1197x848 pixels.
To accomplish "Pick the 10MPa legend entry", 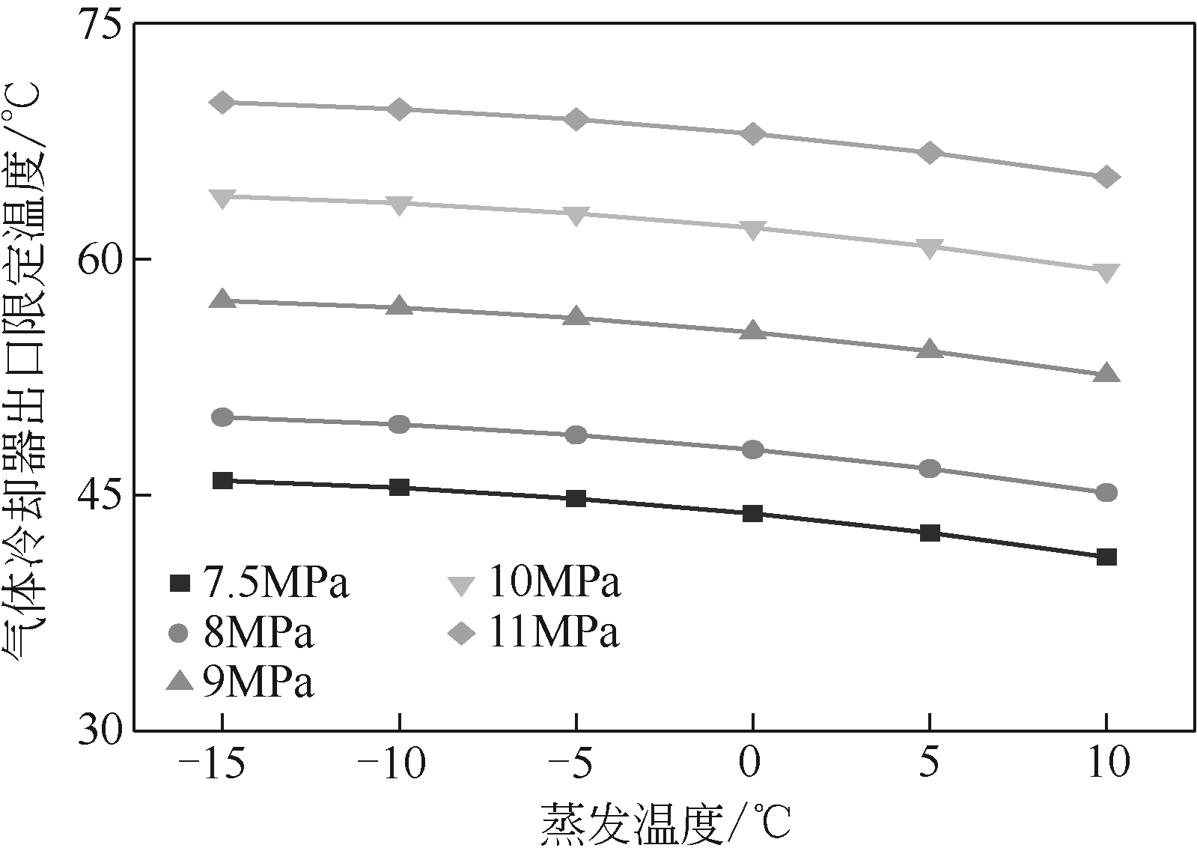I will pyautogui.click(x=534, y=584).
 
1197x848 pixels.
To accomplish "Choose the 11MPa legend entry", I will pyautogui.click(x=534, y=633).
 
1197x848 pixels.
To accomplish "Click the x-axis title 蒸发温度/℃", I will pyautogui.click(x=665, y=823).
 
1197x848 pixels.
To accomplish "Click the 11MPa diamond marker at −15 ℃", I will pyautogui.click(x=222, y=103).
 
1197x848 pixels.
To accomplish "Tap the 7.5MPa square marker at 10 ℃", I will pyautogui.click(x=1106, y=557).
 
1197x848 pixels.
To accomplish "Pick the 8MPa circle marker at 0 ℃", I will pyautogui.click(x=753, y=449).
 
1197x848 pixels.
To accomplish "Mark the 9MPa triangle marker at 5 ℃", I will pyautogui.click(x=930, y=350).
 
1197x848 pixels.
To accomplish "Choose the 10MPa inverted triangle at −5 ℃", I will pyautogui.click(x=576, y=214).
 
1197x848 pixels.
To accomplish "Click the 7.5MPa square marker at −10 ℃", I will pyautogui.click(x=399, y=487).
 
